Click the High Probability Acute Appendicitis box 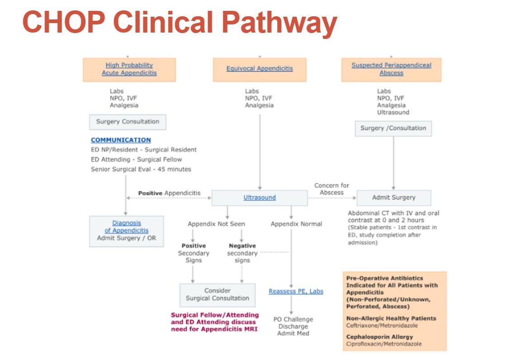point(129,69)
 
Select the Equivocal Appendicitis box point(259,69)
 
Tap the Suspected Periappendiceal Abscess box point(391,69)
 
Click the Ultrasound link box point(260,198)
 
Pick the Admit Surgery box point(393,198)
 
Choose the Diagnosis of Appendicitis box point(126,230)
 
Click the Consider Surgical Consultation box point(217,294)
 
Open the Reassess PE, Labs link point(296,291)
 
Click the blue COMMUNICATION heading point(121,140)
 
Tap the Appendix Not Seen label point(216,224)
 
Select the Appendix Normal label point(296,224)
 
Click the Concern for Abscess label point(332,189)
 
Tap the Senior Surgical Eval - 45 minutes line point(141,169)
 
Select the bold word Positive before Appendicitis point(150,193)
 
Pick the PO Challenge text point(293,319)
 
